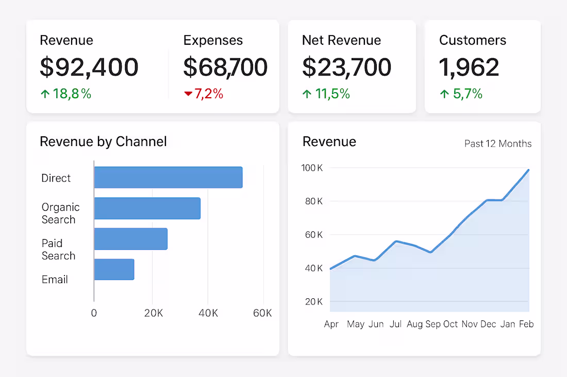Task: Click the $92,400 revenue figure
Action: coord(89,67)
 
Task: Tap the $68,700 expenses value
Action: coord(225,67)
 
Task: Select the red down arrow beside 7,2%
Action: coord(188,94)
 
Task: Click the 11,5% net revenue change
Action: coord(332,94)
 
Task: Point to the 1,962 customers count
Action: coord(469,67)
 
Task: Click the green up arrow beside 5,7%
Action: coord(444,94)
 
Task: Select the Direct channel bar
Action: coord(168,177)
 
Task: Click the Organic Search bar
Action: coord(147,208)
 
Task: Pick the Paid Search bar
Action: coord(130,239)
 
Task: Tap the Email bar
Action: coord(114,270)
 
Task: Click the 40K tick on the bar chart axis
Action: coord(208,313)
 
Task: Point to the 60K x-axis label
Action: coord(262,313)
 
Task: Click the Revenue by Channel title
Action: coord(103,141)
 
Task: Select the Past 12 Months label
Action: coord(497,144)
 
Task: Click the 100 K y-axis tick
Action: coord(312,168)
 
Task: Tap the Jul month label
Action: coord(396,324)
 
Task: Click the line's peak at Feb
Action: coord(528,170)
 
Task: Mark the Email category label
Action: coord(55,280)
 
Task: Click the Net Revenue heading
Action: coord(341,41)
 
